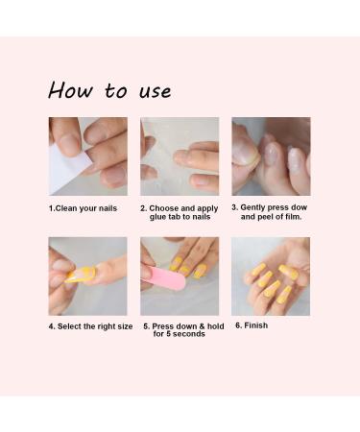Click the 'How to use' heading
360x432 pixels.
[109, 90]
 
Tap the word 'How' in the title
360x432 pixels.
[69, 90]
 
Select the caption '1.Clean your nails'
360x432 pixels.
[87, 207]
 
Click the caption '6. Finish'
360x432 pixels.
[252, 325]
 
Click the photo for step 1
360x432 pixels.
[87, 156]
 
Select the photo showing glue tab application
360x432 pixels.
[180, 156]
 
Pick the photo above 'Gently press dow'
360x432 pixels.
[271, 156]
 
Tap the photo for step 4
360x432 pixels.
[87, 276]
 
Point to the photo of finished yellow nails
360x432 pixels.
[271, 276]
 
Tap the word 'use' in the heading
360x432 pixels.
[153, 92]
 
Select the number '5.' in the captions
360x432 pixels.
[147, 325]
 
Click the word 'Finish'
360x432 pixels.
[256, 325]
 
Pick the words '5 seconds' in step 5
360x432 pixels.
[189, 334]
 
